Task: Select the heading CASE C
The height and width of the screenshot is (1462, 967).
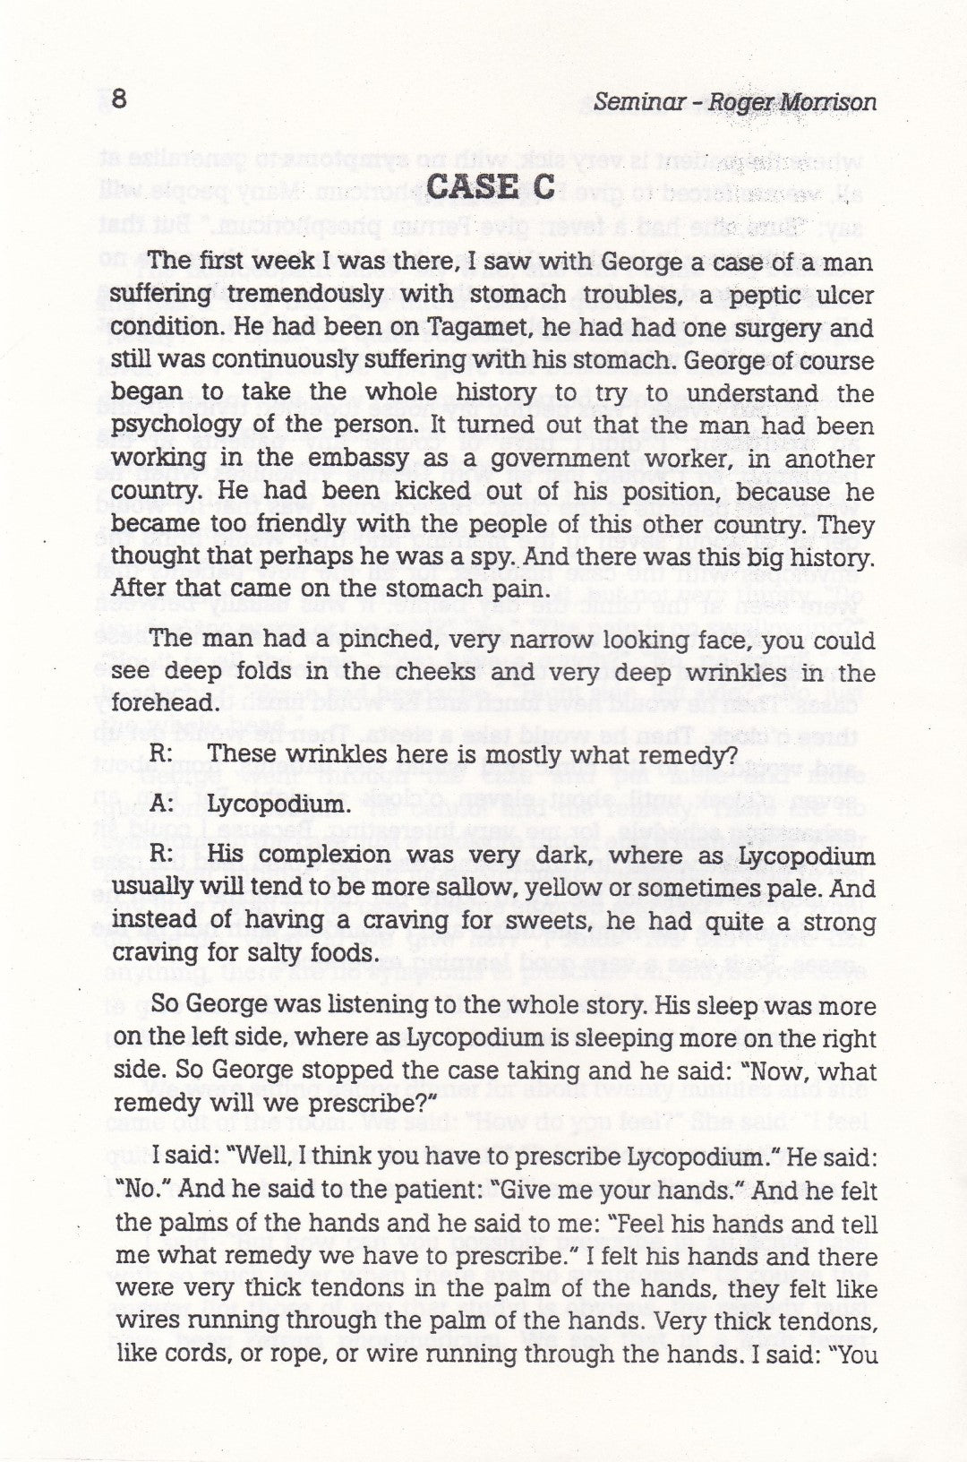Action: pyautogui.click(x=492, y=189)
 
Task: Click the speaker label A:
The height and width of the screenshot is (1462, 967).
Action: pyautogui.click(x=162, y=804)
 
